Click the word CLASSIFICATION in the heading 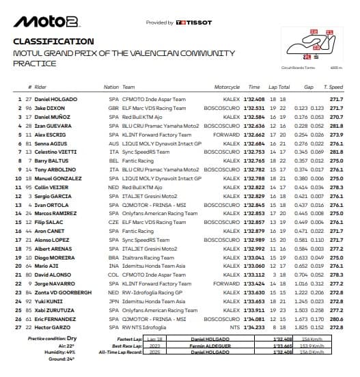point(53,42)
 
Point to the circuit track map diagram point(311,48)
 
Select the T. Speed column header point(335,88)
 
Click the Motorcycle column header point(227,88)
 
